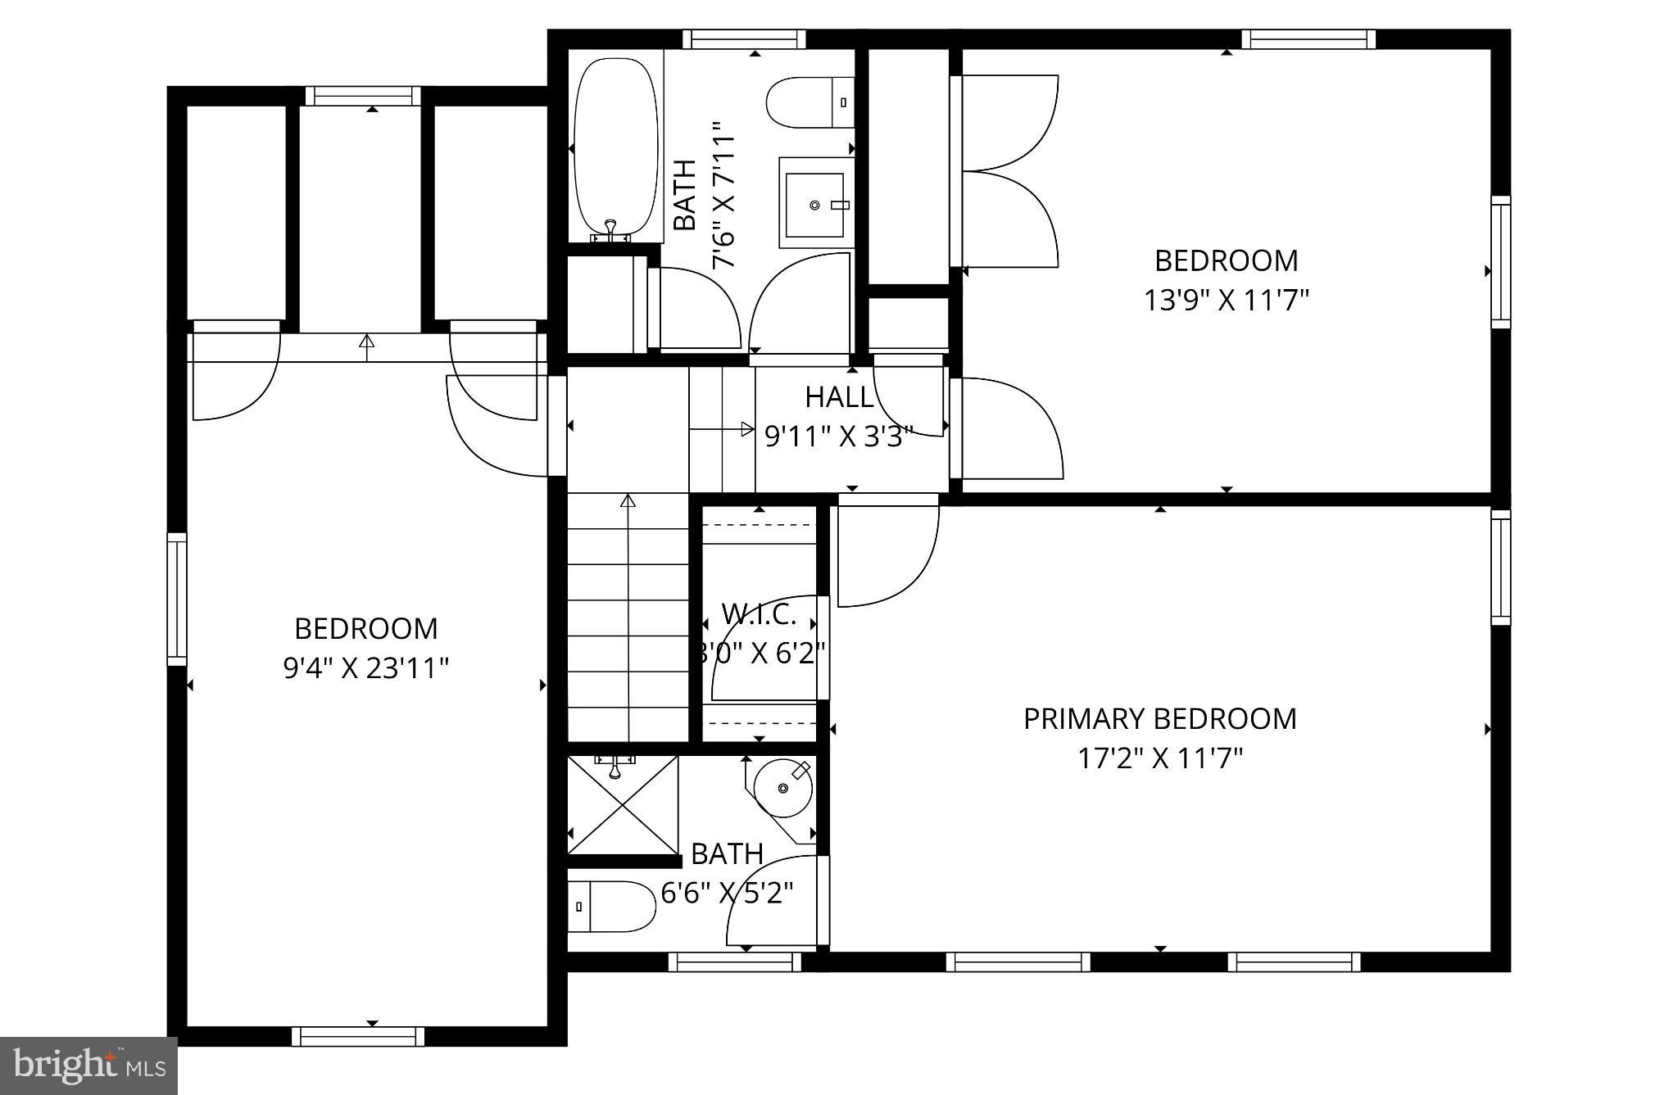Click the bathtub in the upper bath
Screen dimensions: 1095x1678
pos(615,147)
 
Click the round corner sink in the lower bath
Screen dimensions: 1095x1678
pos(783,788)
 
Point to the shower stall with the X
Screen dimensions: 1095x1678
pos(623,805)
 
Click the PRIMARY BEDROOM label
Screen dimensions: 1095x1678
pos(1159,719)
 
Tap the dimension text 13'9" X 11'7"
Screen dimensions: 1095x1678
pos(1226,301)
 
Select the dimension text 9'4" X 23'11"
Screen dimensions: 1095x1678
pos(366,668)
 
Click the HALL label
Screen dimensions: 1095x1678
pos(839,397)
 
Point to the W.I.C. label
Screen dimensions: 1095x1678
pos(759,613)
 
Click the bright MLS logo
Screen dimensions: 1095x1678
pos(89,1066)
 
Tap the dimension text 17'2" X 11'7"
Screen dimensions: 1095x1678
pos(1159,758)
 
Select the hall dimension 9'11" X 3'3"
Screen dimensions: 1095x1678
pos(838,437)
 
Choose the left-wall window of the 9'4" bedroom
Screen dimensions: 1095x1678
pos(177,599)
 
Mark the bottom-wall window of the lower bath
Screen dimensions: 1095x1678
pos(734,962)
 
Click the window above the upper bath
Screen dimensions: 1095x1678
pos(744,39)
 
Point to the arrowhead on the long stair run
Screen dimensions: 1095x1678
pos(628,500)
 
